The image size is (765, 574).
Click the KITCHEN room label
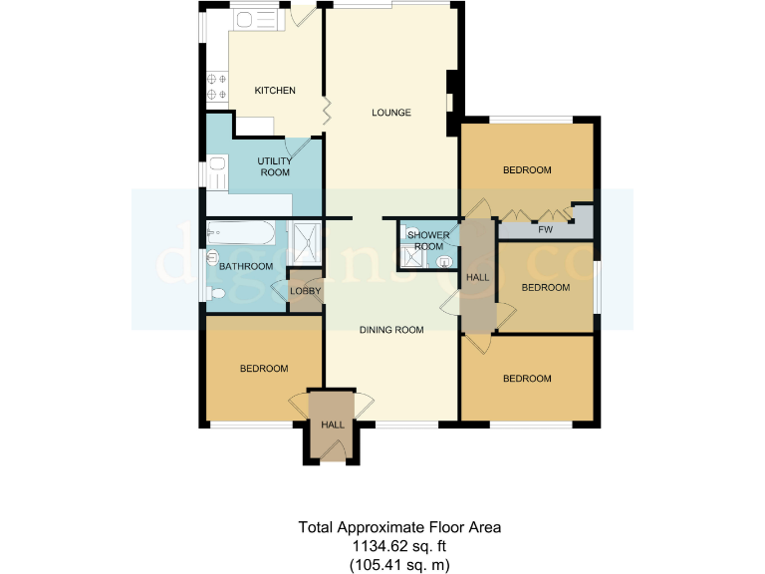[x=275, y=91]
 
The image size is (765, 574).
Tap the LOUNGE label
[x=391, y=113]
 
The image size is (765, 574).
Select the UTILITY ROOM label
[x=274, y=166]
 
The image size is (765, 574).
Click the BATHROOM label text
[x=246, y=266]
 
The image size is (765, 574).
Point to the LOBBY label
[x=304, y=291]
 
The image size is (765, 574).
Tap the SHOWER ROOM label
[x=427, y=241]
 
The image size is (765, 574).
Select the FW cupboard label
[x=545, y=230]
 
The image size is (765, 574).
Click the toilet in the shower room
[x=441, y=262]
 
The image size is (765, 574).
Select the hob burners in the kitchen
[x=216, y=87]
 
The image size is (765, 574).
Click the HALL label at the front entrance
[x=332, y=425]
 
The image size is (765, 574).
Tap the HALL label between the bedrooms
[x=478, y=276]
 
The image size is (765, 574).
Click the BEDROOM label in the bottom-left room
[x=264, y=369]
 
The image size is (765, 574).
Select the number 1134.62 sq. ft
[x=381, y=546]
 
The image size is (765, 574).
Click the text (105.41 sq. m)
[x=397, y=564]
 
